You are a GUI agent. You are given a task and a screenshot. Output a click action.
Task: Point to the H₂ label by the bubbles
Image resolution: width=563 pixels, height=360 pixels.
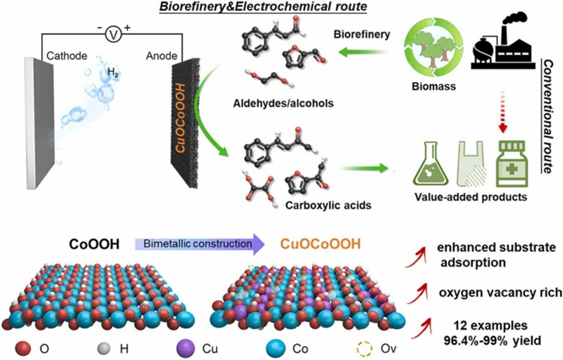tap(114, 74)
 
